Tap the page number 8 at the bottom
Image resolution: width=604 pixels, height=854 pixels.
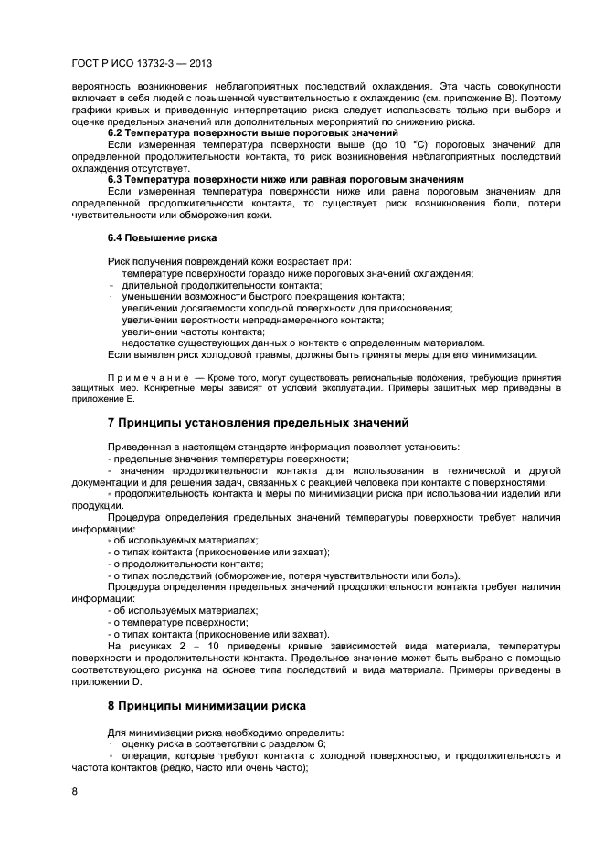pos(74,791)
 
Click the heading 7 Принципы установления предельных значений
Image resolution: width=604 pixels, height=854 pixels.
pos(257,422)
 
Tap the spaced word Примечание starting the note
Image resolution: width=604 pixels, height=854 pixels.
pos(143,377)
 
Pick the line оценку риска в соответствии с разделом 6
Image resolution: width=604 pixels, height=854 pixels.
pos(229,744)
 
